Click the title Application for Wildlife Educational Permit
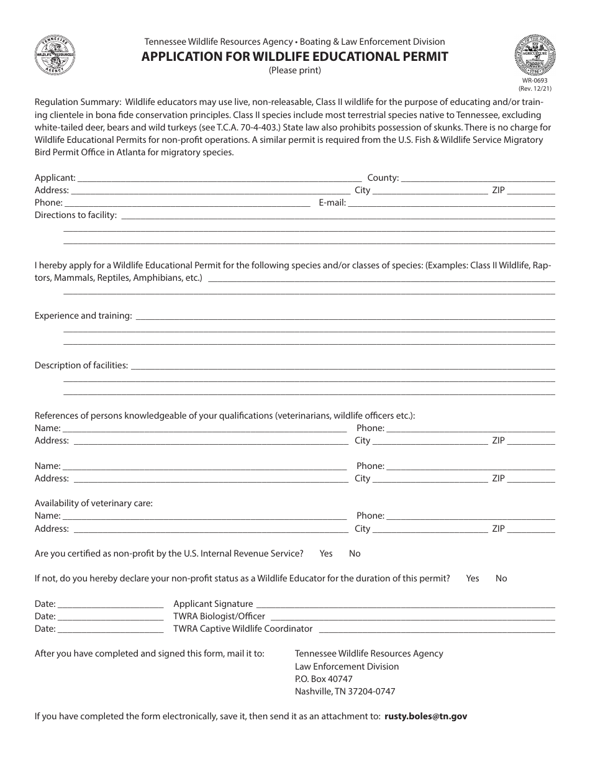[x=294, y=57]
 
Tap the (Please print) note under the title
[x=294, y=70]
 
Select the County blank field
[x=478, y=178]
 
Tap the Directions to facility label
[x=76, y=216]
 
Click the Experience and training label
[x=83, y=316]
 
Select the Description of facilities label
[x=81, y=365]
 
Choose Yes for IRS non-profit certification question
[x=326, y=553]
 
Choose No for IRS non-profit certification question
[x=355, y=553]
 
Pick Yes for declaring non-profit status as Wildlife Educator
[x=473, y=578]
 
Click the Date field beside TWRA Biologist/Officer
[x=111, y=617]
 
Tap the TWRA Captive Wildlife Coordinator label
[x=243, y=629]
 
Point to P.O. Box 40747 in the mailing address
[x=324, y=679]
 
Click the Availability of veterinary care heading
[x=94, y=503]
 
